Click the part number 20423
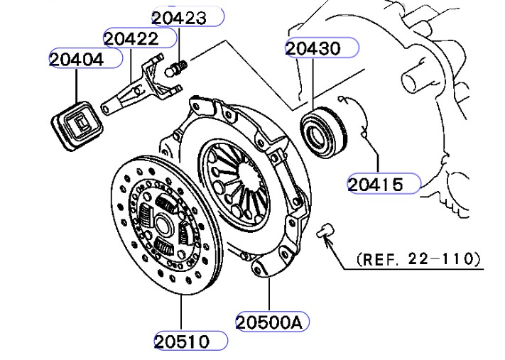pos(179,18)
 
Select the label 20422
pos(131,38)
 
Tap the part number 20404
pos(76,60)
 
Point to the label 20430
pos(313,48)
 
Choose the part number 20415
pos(375,185)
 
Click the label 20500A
pos(270,322)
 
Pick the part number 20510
pos(182,342)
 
